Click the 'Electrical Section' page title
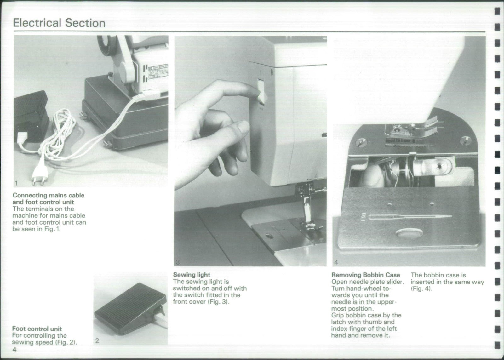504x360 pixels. [59, 23]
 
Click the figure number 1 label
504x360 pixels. [16, 183]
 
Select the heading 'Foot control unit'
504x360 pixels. [37, 329]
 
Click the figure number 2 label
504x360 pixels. [97, 340]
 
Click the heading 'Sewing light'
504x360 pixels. [192, 275]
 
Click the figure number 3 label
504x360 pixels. [178, 262]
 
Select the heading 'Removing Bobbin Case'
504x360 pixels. [365, 275]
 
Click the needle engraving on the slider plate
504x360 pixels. [409, 217]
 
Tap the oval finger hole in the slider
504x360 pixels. [409, 235]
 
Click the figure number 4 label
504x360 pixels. [336, 262]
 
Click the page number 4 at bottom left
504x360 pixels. [14, 350]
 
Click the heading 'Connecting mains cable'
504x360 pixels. [48, 195]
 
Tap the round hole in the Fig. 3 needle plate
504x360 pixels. [269, 236]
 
